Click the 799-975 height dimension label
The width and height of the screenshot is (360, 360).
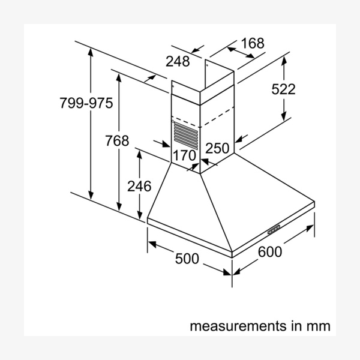tap(86, 103)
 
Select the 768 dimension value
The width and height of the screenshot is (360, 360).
tap(117, 141)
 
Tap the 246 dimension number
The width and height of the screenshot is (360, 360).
tap(139, 186)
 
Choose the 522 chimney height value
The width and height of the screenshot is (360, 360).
tap(283, 89)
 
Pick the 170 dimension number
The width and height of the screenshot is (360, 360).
tap(184, 155)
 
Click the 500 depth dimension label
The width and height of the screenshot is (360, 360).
tap(186, 259)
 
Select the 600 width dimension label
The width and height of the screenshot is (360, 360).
tap(269, 252)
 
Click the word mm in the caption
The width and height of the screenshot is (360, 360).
tap(318, 327)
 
